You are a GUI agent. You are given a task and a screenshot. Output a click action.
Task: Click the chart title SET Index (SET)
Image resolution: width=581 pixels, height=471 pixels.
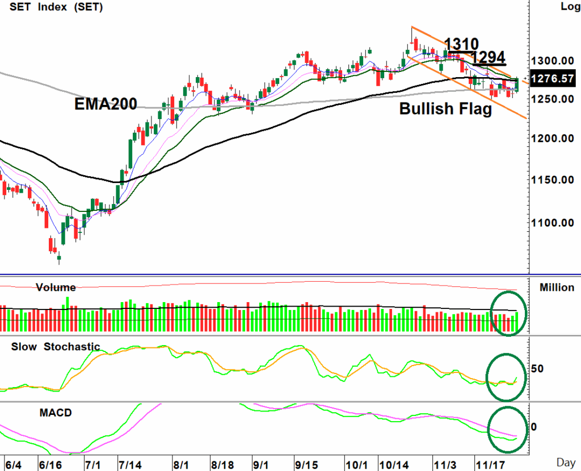[48, 7]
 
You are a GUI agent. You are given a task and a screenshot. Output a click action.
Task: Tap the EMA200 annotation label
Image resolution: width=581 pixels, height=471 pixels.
[106, 104]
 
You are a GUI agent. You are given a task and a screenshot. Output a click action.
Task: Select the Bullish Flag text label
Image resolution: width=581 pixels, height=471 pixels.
[445, 109]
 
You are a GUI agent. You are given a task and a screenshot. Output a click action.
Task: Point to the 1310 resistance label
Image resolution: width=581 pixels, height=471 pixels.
[461, 44]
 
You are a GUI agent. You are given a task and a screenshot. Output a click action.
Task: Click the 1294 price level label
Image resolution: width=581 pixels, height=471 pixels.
[488, 57]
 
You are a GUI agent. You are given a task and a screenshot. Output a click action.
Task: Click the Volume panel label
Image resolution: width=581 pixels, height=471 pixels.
[56, 287]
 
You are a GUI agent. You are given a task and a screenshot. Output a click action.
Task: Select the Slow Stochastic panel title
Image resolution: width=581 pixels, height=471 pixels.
[56, 347]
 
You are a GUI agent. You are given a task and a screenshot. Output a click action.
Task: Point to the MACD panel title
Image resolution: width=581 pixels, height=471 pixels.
[56, 413]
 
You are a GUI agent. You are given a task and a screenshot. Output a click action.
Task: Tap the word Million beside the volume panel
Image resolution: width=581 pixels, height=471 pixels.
[557, 287]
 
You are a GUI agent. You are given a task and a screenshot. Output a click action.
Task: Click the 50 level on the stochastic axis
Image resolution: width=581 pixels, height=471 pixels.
[537, 369]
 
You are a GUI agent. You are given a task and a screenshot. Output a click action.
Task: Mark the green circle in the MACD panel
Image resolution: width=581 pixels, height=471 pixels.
[507, 430]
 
